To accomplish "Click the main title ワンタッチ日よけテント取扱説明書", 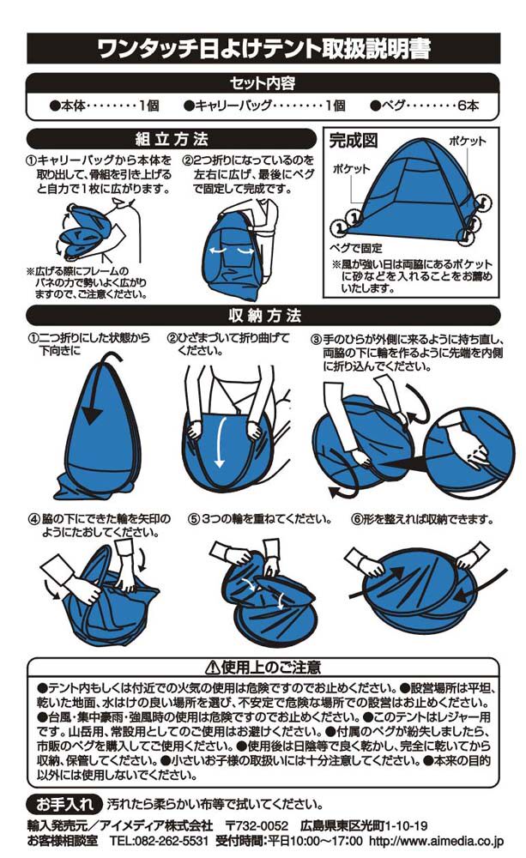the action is tap(263, 49).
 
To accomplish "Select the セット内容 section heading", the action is tap(263, 83).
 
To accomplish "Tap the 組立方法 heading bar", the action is tap(172, 139).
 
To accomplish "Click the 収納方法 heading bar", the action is tap(263, 316).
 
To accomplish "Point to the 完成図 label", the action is tap(353, 141).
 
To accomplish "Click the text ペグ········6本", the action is tap(425, 106).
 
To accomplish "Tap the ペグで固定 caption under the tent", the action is tap(356, 248).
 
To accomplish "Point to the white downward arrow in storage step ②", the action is tap(221, 441).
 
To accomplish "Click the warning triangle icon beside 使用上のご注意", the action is tap(212, 668).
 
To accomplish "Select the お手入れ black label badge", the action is tap(64, 804).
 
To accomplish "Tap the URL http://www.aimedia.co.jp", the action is tap(436, 840).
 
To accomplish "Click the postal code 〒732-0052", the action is tap(257, 825).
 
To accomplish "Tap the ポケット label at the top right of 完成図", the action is tap(467, 141).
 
